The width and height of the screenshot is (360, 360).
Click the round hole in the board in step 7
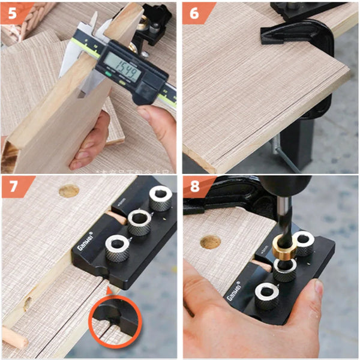tap(68, 191)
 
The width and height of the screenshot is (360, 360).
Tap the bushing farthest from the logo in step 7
tap(161, 196)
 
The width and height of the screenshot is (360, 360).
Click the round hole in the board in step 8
tap(210, 242)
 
